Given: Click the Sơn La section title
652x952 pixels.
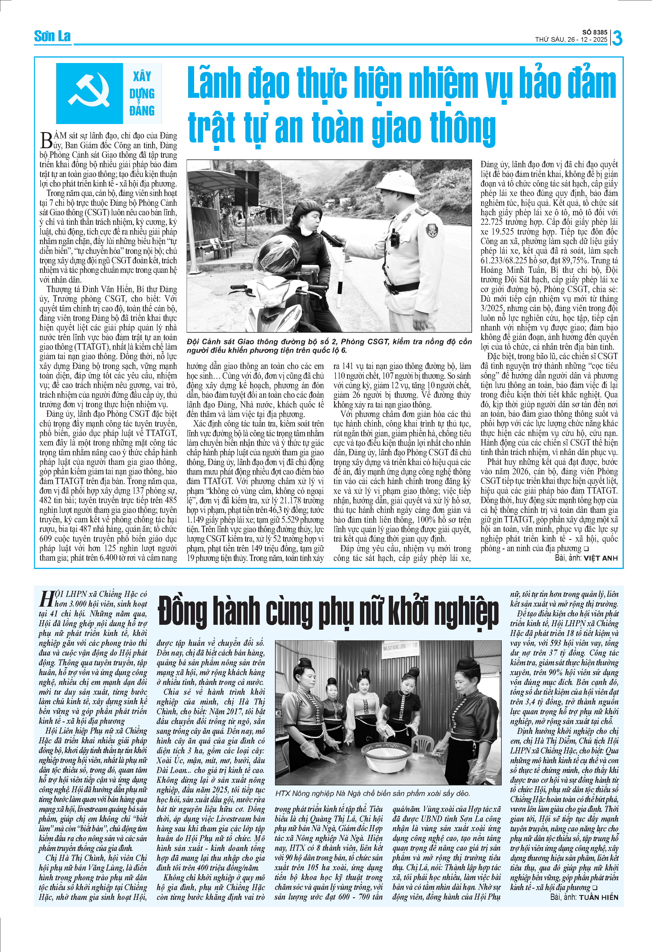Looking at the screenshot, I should [52, 37].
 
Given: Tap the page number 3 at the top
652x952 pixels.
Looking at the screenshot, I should [617, 38].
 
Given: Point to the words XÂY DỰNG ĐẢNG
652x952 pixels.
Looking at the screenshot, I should [142, 94].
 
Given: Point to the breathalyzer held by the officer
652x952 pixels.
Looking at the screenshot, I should [332, 239].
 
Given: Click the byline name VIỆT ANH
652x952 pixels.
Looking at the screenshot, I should [600, 558].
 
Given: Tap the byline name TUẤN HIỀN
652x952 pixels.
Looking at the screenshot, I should [598, 897].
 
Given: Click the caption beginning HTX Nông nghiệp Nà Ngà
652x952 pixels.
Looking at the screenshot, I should [373, 793].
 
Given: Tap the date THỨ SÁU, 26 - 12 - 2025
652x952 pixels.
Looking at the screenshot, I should [571, 40].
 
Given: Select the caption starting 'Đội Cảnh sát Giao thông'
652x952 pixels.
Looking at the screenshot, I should [329, 346].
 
